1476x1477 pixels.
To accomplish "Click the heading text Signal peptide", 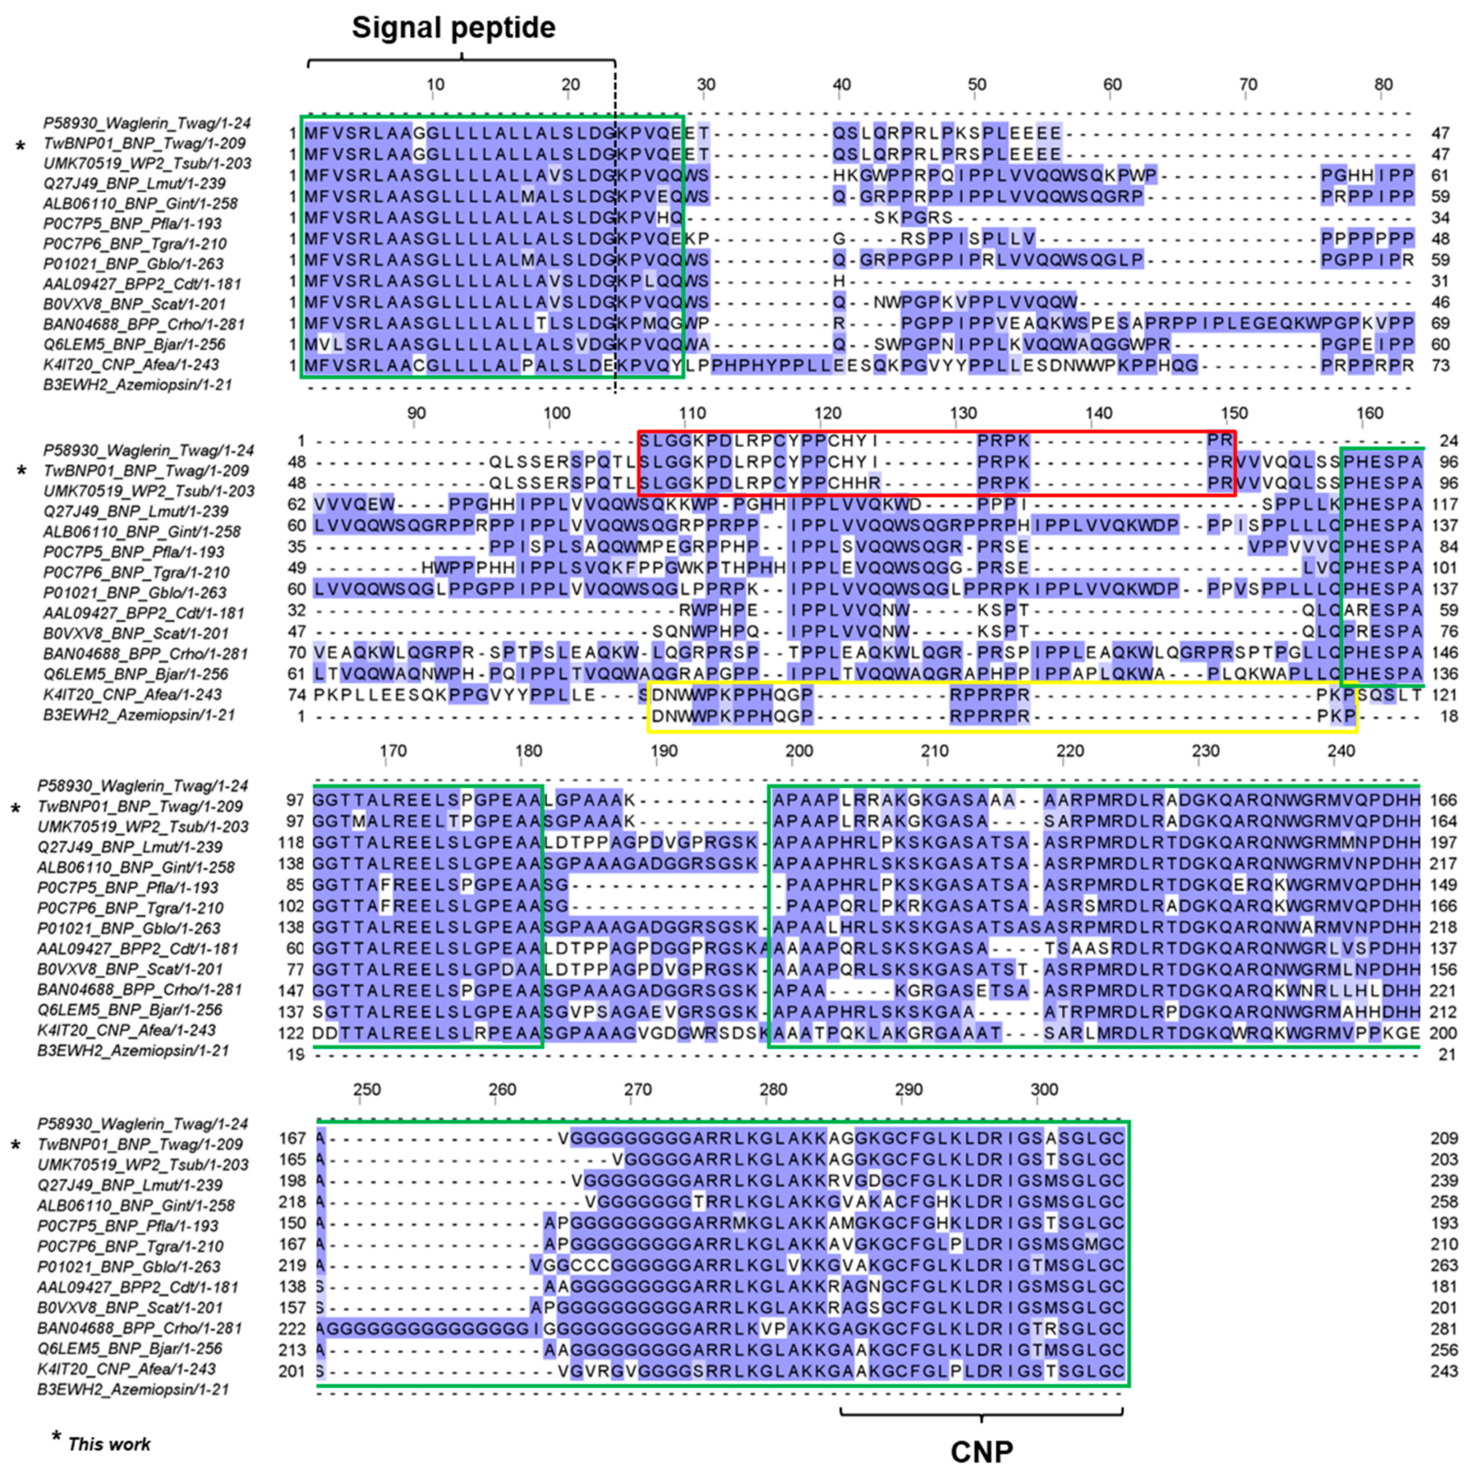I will coord(454,28).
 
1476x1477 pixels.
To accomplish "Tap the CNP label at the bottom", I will coord(981,1451).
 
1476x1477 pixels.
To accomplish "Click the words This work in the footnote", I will coord(109,1444).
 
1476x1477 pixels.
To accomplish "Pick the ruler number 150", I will coord(1234,414).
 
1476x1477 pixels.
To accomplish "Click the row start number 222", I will coord(292,1329).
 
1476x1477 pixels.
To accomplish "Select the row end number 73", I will coord(1441,366).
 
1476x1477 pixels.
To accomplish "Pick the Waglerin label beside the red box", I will coord(148,450).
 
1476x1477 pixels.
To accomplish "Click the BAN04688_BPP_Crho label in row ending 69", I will coord(144,324).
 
